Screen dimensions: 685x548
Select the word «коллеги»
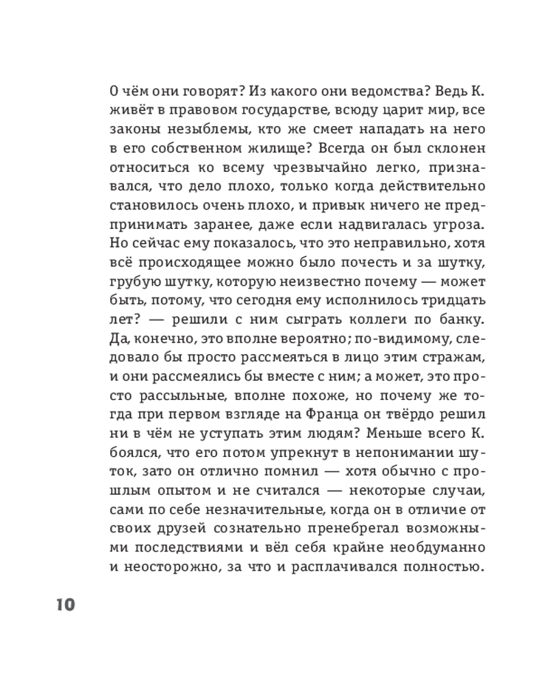tap(364, 319)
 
